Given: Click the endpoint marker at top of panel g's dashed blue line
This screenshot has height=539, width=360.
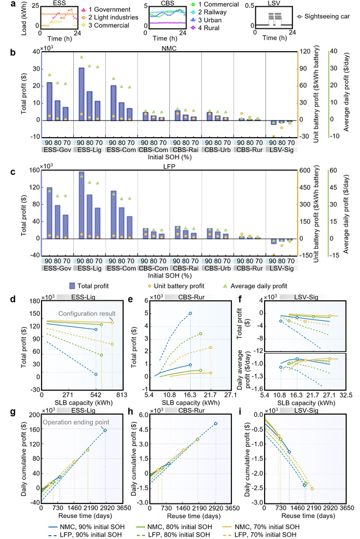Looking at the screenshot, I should (x=105, y=430).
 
